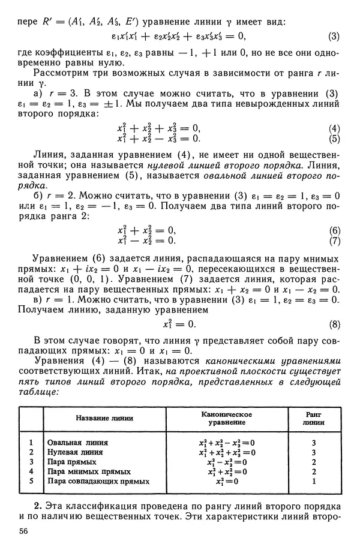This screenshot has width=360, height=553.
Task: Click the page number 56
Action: coord(23,531)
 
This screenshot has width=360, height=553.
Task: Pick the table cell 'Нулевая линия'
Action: coord(74,452)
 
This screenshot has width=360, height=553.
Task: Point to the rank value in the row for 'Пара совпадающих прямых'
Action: coord(314,481)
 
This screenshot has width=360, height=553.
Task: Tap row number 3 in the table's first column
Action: coord(30,462)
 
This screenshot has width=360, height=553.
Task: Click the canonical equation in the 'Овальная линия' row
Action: coord(226,443)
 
